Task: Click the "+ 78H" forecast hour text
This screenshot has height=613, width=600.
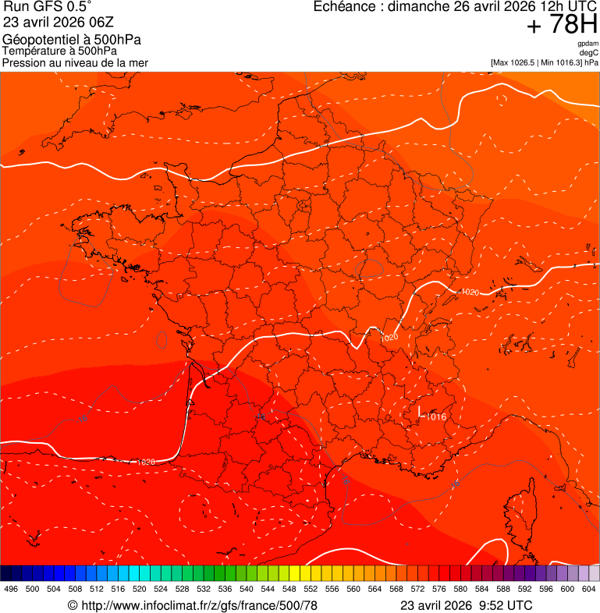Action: point(561,25)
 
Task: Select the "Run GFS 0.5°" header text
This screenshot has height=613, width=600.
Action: point(47,8)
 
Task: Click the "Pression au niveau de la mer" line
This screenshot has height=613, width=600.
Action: point(75,62)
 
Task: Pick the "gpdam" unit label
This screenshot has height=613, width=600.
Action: point(588,44)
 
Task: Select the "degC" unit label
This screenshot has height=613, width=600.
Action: point(589,52)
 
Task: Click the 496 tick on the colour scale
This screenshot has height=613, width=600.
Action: point(11,589)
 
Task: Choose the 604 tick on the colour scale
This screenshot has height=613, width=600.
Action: point(589,589)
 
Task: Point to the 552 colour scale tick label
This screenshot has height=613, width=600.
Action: point(311,589)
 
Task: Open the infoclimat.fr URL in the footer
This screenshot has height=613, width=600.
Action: point(199,605)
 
